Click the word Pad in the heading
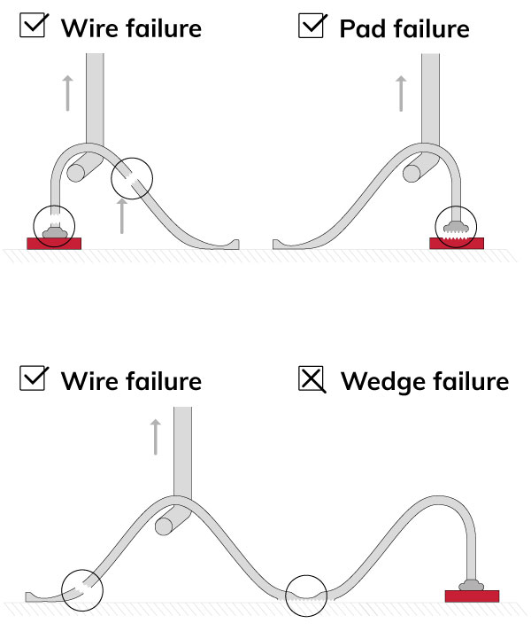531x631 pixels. click(x=362, y=28)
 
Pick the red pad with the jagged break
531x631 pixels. click(x=457, y=243)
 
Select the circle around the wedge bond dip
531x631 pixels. click(x=307, y=595)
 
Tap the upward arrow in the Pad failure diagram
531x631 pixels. click(x=401, y=93)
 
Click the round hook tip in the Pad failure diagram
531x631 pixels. click(x=412, y=173)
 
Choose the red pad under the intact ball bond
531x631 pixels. click(x=471, y=596)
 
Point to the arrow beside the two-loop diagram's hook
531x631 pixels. click(x=156, y=437)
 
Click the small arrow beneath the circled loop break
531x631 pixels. click(x=122, y=215)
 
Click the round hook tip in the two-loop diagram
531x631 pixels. click(x=164, y=526)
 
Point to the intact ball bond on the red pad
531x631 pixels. click(x=471, y=583)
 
